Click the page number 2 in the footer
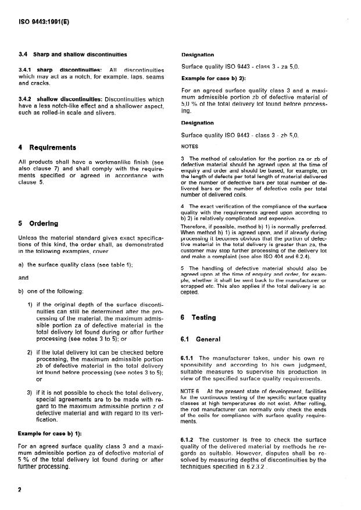19,490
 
